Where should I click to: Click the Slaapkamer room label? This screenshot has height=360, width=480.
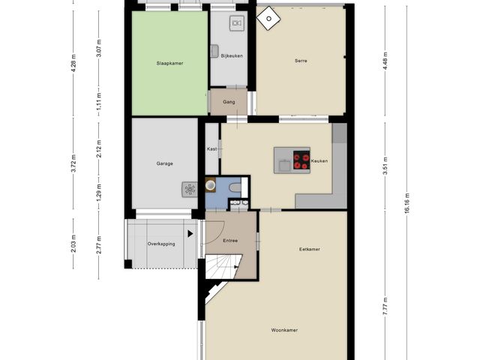(x=169, y=64)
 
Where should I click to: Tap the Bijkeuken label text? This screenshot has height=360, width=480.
(x=232, y=55)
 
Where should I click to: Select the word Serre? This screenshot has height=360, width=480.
(x=301, y=61)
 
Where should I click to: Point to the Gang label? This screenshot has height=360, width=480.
(x=229, y=101)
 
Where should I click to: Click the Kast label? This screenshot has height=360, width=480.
(x=212, y=149)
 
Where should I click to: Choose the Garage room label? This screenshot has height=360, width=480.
(x=165, y=163)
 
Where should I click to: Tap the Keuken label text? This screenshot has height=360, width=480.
(x=319, y=160)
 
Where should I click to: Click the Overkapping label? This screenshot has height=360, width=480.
(x=161, y=244)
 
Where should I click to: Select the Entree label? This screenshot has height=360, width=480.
(x=231, y=240)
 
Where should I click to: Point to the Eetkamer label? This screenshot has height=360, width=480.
(x=310, y=249)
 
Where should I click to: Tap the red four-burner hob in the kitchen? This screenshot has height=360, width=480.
(x=301, y=160)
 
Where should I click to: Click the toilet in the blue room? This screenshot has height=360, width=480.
(x=235, y=187)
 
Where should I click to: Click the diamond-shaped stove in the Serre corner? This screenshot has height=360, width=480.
(x=266, y=16)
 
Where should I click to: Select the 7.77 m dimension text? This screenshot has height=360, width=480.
(x=385, y=306)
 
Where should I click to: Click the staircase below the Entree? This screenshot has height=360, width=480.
(x=224, y=265)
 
